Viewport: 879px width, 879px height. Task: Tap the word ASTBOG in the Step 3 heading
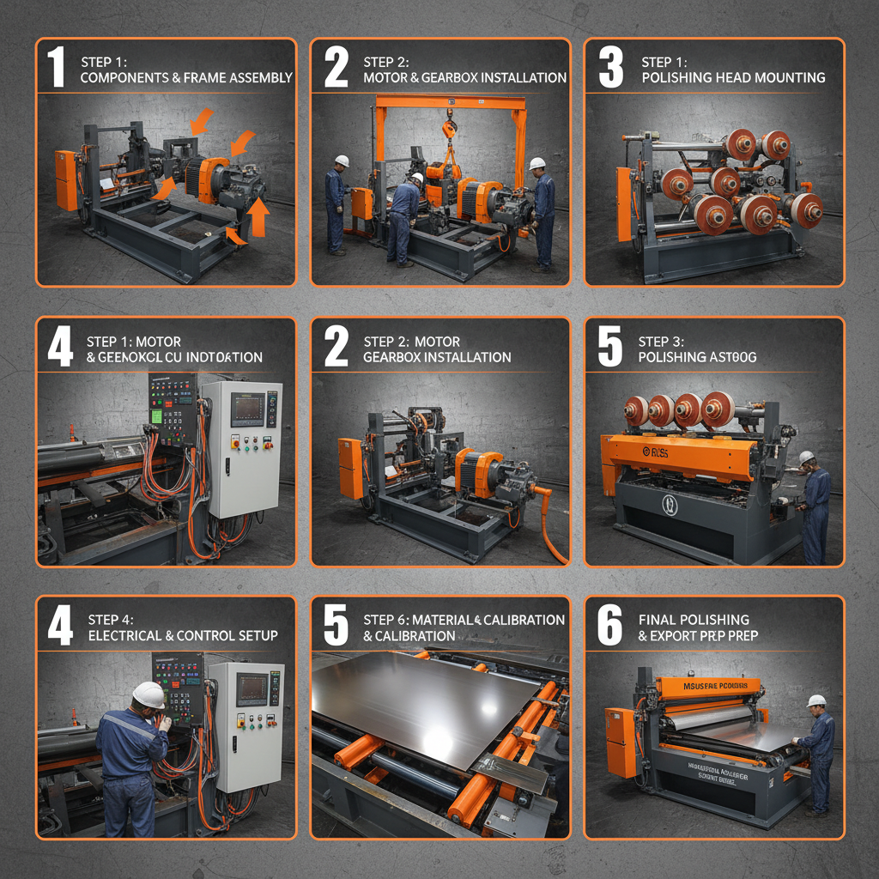(x=730, y=356)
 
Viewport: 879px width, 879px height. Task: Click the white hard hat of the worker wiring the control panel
(x=149, y=694)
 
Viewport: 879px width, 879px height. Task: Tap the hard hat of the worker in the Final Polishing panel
(x=816, y=701)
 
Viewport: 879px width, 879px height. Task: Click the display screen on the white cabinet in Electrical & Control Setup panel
(x=252, y=688)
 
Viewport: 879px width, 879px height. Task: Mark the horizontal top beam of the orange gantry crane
(x=450, y=102)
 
